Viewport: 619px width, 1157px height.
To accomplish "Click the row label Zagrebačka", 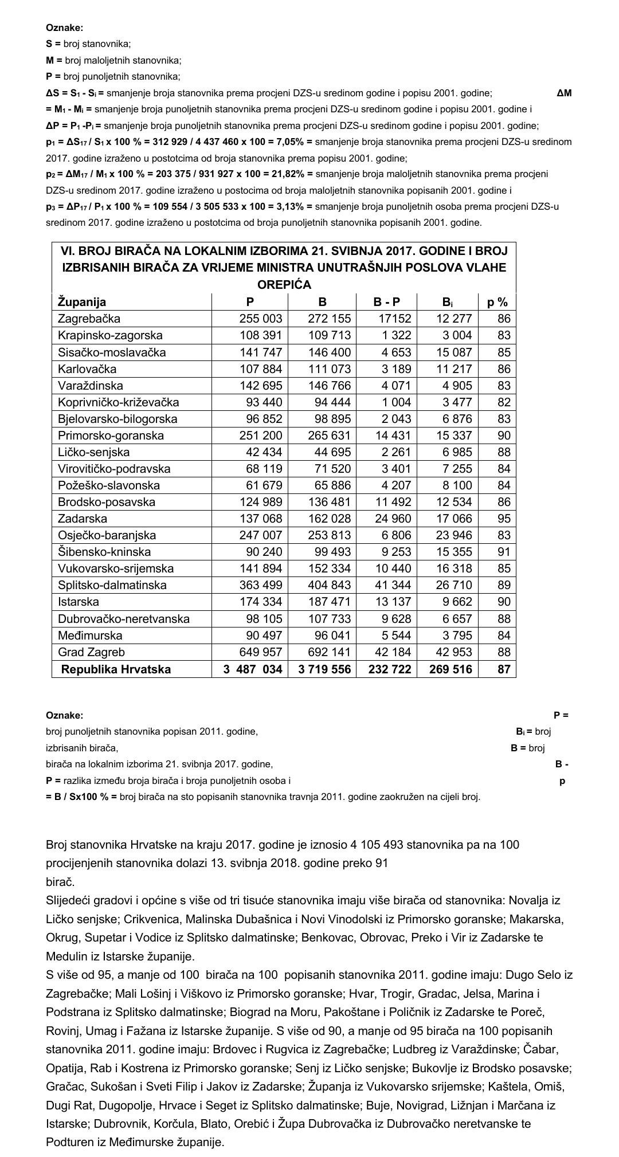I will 89,319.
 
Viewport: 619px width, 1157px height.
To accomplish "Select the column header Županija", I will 82,302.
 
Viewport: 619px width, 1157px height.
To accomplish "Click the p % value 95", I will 504,519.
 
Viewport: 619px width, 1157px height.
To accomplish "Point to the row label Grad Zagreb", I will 91,652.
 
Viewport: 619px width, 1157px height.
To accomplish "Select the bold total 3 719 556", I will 324,669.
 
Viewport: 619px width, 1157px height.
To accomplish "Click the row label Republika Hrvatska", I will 116,669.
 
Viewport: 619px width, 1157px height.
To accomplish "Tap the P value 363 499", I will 261,585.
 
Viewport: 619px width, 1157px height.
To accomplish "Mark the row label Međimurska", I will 91,636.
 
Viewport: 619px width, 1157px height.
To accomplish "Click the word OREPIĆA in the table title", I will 284,284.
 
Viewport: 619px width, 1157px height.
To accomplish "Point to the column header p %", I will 497,302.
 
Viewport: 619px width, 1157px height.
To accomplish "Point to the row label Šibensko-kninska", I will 104,552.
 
